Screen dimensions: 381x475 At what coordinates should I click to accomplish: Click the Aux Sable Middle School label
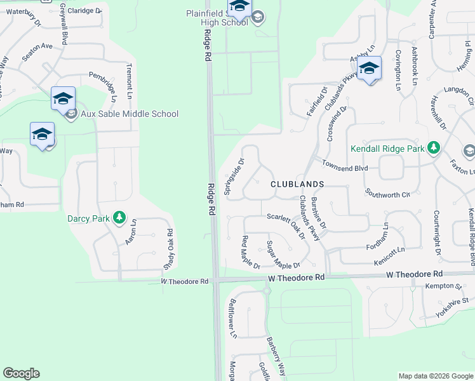[130, 114]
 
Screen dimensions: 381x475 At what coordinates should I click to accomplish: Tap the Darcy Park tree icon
[119, 218]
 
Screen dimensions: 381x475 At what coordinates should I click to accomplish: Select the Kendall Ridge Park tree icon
[434, 148]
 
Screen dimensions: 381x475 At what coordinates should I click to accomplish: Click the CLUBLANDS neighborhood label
[297, 184]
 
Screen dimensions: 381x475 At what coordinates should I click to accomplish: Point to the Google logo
[21, 373]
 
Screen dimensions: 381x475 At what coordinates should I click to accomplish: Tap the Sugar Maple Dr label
[283, 255]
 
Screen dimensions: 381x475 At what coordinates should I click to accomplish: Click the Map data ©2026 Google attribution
[436, 376]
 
